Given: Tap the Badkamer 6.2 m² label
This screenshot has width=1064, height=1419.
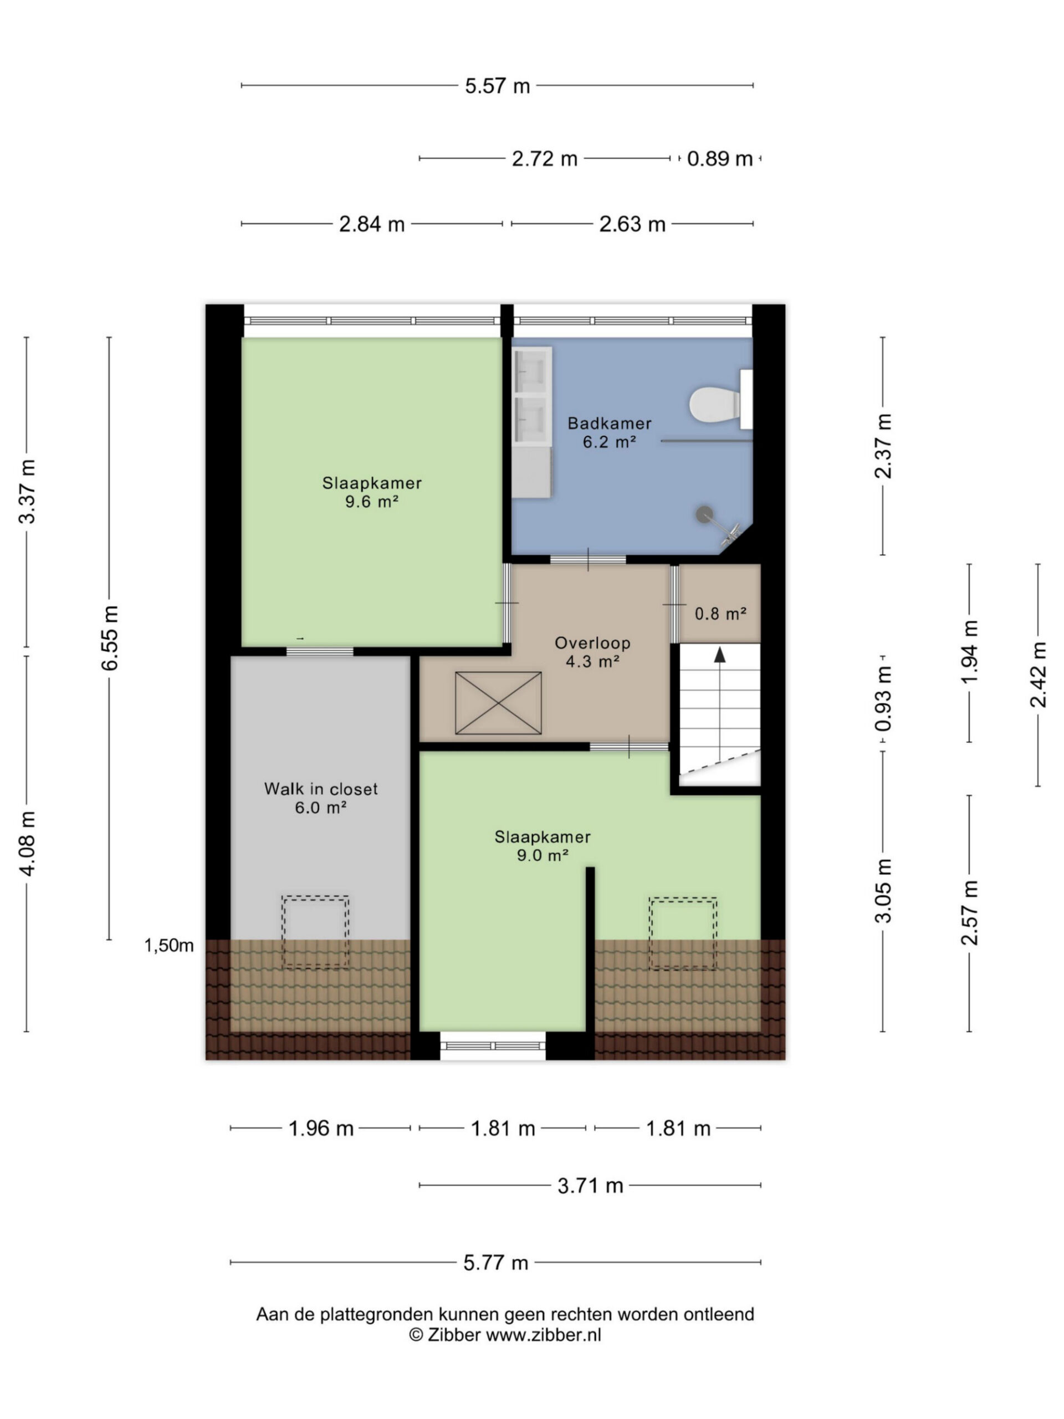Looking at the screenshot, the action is click(x=609, y=432).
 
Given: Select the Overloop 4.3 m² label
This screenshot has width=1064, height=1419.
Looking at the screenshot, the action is click(x=592, y=652).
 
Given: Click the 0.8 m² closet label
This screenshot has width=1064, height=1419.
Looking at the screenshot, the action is click(x=720, y=614).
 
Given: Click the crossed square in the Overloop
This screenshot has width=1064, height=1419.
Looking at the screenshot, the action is click(x=498, y=703).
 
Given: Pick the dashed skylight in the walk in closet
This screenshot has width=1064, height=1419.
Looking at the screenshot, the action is click(x=315, y=931).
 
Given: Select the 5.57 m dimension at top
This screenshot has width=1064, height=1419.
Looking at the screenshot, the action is click(x=497, y=85).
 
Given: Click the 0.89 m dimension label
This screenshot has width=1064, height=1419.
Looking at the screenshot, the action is click(x=720, y=159).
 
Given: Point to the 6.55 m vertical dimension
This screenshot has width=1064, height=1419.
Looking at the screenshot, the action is click(x=109, y=639).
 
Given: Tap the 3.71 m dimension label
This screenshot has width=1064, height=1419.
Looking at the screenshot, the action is click(x=590, y=1186).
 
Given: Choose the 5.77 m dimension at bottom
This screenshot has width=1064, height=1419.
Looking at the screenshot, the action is click(x=496, y=1263).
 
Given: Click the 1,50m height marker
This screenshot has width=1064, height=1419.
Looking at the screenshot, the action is click(x=168, y=946).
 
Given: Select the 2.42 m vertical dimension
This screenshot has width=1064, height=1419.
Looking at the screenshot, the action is click(x=1038, y=675).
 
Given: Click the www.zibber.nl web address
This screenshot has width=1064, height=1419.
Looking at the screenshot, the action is click(x=543, y=1335).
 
